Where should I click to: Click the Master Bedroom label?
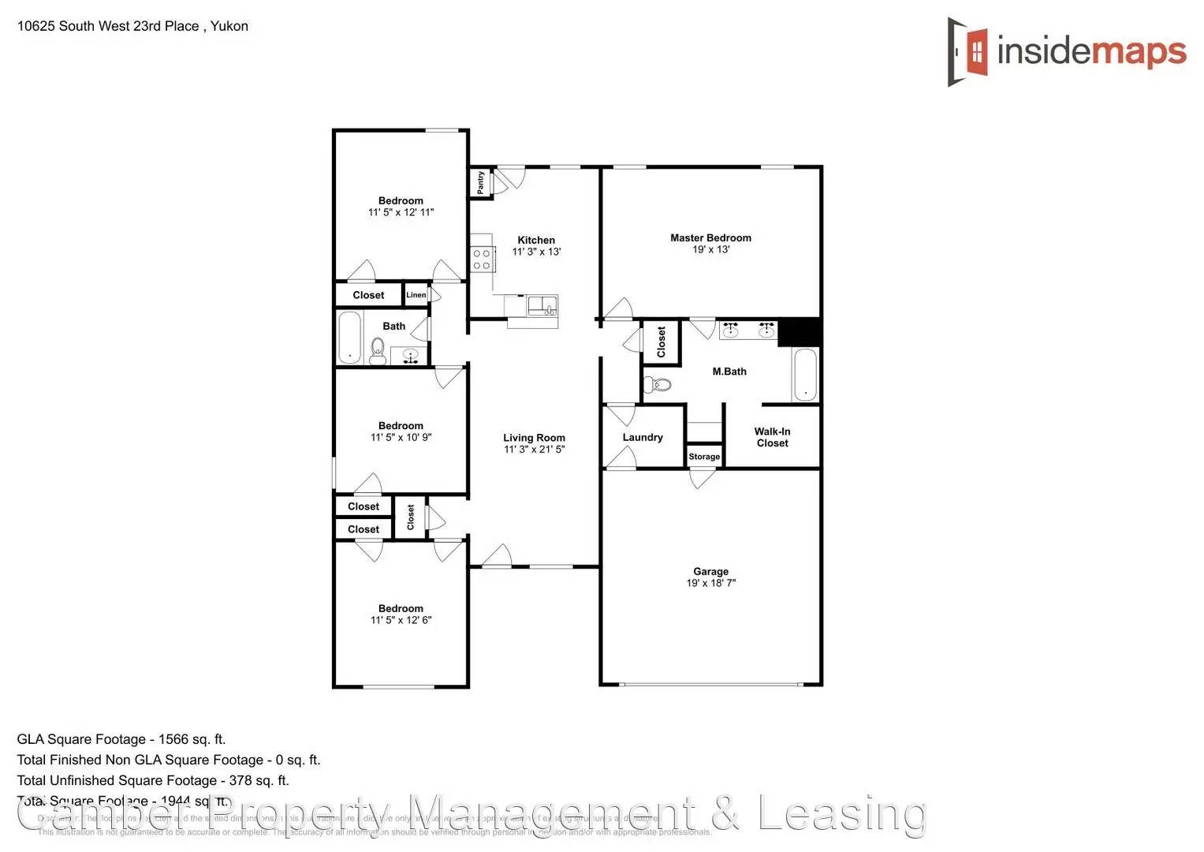pos(710,237)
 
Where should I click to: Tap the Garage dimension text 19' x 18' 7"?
pos(710,583)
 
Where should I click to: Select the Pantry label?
pos(481,182)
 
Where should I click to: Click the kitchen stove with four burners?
pos(482,260)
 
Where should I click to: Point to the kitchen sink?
pos(542,306)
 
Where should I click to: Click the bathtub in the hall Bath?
pos(349,337)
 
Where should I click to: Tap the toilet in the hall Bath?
pos(378,351)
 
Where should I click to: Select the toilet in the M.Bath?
pos(658,385)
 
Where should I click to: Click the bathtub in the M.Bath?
pos(804,375)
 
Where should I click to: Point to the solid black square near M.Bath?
pos(800,331)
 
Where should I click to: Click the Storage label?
pos(704,457)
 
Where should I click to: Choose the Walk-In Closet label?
pos(772,437)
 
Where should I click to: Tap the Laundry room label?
pos(643,437)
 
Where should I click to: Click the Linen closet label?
pos(416,295)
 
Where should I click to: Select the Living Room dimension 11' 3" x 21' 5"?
pos(534,450)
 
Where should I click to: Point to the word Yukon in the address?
pos(229,26)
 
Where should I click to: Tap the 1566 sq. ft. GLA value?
pos(192,739)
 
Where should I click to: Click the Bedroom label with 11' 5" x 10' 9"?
pos(401,426)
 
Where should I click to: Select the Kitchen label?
pos(536,240)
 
